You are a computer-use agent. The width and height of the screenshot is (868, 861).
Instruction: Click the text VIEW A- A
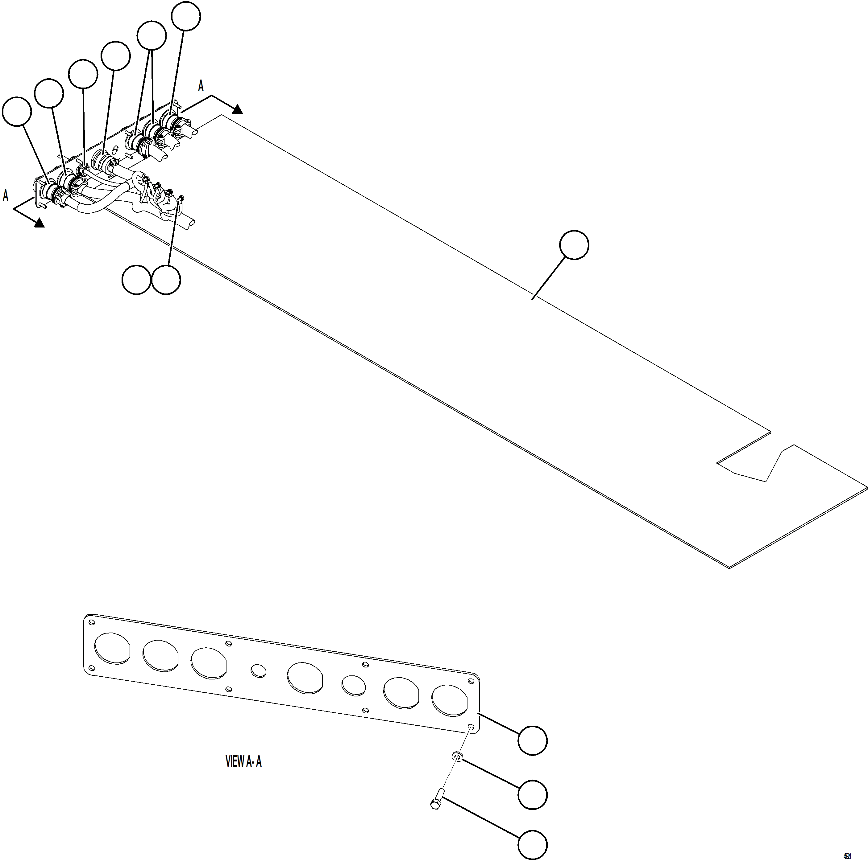[243, 761]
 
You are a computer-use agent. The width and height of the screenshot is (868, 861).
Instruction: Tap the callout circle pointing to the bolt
[532, 845]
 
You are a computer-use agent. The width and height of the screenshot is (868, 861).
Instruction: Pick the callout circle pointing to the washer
[532, 794]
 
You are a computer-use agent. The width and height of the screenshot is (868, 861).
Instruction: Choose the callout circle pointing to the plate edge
[532, 740]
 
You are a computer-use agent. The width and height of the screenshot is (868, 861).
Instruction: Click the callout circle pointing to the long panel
[574, 245]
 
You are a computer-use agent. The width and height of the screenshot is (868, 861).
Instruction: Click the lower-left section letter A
[5, 196]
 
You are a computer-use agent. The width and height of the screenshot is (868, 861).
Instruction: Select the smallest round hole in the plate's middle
[258, 671]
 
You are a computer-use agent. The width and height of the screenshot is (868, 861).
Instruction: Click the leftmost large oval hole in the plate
[112, 648]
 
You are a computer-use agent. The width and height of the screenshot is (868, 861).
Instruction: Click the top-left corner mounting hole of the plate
[92, 623]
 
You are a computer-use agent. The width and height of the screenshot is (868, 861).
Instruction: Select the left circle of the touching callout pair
[136, 280]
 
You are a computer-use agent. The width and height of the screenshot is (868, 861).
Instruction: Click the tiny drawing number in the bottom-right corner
[847, 856]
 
